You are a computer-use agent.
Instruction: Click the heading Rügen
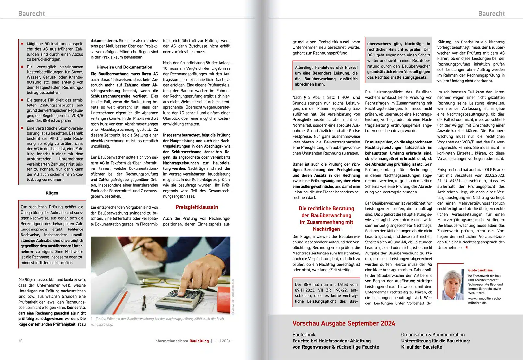tap(52, 193)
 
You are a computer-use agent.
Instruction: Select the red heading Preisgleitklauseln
tap(196, 207)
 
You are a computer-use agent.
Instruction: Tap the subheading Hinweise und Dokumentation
tap(124, 67)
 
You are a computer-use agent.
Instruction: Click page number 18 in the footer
tap(20, 341)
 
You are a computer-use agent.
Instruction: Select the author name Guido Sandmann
tap(480, 270)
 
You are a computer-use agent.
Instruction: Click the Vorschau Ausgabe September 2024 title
tap(343, 323)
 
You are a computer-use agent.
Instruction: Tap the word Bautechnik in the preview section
tap(304, 335)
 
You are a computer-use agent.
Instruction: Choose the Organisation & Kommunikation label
tap(432, 335)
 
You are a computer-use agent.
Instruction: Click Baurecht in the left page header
tap(31, 14)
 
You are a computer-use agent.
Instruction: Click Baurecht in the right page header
tap(491, 14)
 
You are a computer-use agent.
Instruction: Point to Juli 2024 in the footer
tap(222, 341)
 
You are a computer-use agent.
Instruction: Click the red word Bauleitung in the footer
tap(199, 341)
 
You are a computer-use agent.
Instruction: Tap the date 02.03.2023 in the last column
tap(495, 175)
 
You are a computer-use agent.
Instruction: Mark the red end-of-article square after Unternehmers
tap(467, 247)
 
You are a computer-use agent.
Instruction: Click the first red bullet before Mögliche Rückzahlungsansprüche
tap(22, 44)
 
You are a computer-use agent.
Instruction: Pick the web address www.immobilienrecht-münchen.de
tap(484, 300)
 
